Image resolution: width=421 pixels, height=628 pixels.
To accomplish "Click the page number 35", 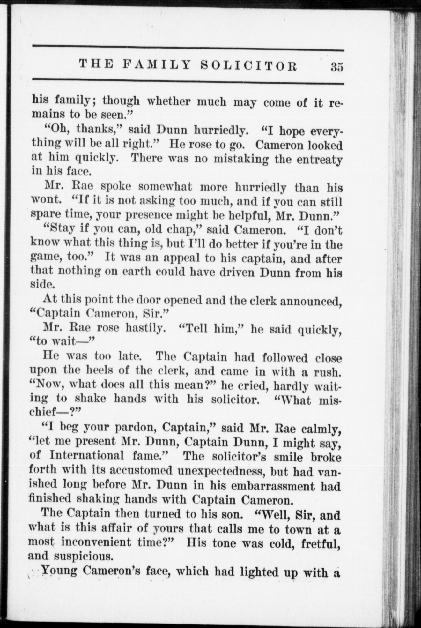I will pos(336,67).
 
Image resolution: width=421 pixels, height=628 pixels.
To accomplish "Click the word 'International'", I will pos(86,455).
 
